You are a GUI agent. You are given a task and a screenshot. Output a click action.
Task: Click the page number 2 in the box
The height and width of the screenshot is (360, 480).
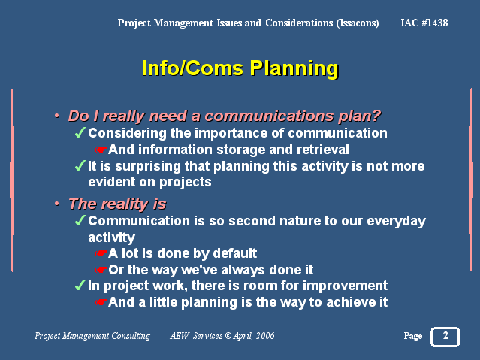pos(445,335)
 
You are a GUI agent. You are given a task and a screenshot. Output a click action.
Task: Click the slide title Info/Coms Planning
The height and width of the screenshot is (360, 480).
pos(240,68)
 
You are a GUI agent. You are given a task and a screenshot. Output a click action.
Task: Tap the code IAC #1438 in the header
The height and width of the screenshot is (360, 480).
pos(424,23)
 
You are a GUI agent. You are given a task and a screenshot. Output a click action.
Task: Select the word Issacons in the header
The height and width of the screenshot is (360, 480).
pos(358,23)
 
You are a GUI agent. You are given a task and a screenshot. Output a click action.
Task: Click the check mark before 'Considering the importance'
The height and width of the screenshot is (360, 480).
pos(80,133)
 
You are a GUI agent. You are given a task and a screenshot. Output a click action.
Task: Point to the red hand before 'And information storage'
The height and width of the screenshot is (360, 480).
pos(101,150)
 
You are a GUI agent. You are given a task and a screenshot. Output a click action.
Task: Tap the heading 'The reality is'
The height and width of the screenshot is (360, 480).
pos(117,204)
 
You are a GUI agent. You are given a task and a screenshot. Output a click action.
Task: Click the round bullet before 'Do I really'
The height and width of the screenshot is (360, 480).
pos(56,116)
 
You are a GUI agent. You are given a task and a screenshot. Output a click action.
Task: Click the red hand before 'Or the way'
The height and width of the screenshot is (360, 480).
pos(101,270)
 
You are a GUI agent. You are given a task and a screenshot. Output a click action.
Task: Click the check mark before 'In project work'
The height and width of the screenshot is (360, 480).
pos(80,286)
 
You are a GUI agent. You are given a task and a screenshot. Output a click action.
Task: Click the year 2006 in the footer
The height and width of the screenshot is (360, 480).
pos(265,336)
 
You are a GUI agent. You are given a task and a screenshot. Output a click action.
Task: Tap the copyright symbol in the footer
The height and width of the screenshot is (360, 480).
pos(228,336)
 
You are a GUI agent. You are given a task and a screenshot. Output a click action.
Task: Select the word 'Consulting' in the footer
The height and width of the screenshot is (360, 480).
pos(131,336)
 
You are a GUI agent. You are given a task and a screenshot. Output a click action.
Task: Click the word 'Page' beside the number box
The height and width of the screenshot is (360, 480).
pos(413,336)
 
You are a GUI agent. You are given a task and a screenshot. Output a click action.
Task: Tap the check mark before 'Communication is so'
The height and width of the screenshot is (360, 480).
pos(80,221)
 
